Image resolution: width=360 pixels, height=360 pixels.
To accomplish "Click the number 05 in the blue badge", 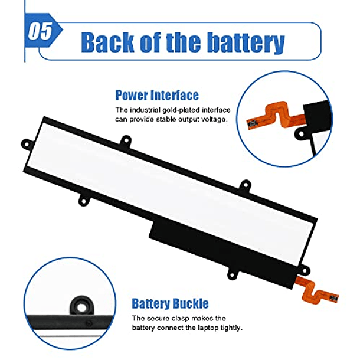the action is [x=40, y=31].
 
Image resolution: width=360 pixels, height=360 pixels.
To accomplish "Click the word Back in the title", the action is [x=107, y=42].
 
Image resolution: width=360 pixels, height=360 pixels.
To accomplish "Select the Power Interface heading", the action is [x=157, y=95].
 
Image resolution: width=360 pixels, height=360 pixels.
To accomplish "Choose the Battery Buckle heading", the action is [x=170, y=303].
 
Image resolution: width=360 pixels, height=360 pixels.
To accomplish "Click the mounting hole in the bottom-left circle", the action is [x=81, y=307].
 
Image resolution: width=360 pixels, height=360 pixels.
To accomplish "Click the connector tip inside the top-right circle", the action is [x=253, y=124].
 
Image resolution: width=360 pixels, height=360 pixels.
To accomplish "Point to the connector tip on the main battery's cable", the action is [x=333, y=299].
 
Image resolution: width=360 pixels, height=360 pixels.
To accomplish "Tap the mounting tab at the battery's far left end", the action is [x=27, y=145].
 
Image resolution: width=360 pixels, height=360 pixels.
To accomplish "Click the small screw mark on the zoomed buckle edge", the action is [x=89, y=324].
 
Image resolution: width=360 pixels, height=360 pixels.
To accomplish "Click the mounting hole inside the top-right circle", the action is [x=301, y=134].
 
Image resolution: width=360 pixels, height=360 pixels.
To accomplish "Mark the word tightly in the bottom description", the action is [x=231, y=328].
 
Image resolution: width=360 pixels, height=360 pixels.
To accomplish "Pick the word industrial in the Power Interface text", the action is [x=145, y=110].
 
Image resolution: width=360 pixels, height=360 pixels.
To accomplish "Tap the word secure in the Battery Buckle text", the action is [x=158, y=319].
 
